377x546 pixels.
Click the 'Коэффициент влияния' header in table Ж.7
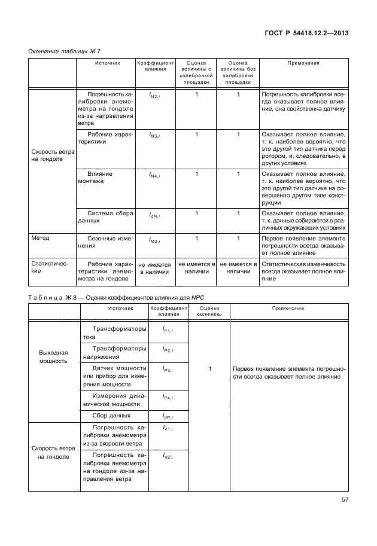click(155, 66)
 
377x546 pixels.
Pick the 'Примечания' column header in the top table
click(303, 63)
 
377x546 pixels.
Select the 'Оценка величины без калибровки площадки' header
click(238, 73)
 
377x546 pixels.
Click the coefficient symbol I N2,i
click(155, 95)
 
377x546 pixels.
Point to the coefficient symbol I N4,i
click(155, 175)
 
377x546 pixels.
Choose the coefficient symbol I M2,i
click(155, 240)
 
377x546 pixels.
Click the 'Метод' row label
click(40, 238)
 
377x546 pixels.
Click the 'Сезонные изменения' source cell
click(105, 242)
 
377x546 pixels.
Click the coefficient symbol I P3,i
click(167, 371)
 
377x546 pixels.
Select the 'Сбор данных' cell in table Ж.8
click(111, 415)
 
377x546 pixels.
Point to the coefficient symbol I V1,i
click(167, 429)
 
